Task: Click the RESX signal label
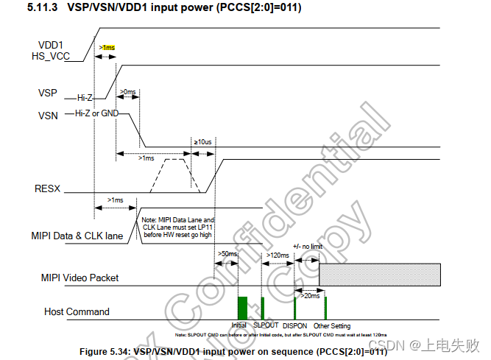click(x=48, y=189)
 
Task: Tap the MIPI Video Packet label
click(x=80, y=278)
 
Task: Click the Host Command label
click(x=77, y=311)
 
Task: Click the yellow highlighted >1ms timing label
click(x=107, y=48)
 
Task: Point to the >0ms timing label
click(x=128, y=92)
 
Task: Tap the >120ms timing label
click(x=277, y=255)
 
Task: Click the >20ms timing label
click(x=310, y=296)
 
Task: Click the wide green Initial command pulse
click(x=242, y=307)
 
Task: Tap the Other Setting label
click(x=332, y=326)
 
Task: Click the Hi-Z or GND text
click(x=96, y=114)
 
